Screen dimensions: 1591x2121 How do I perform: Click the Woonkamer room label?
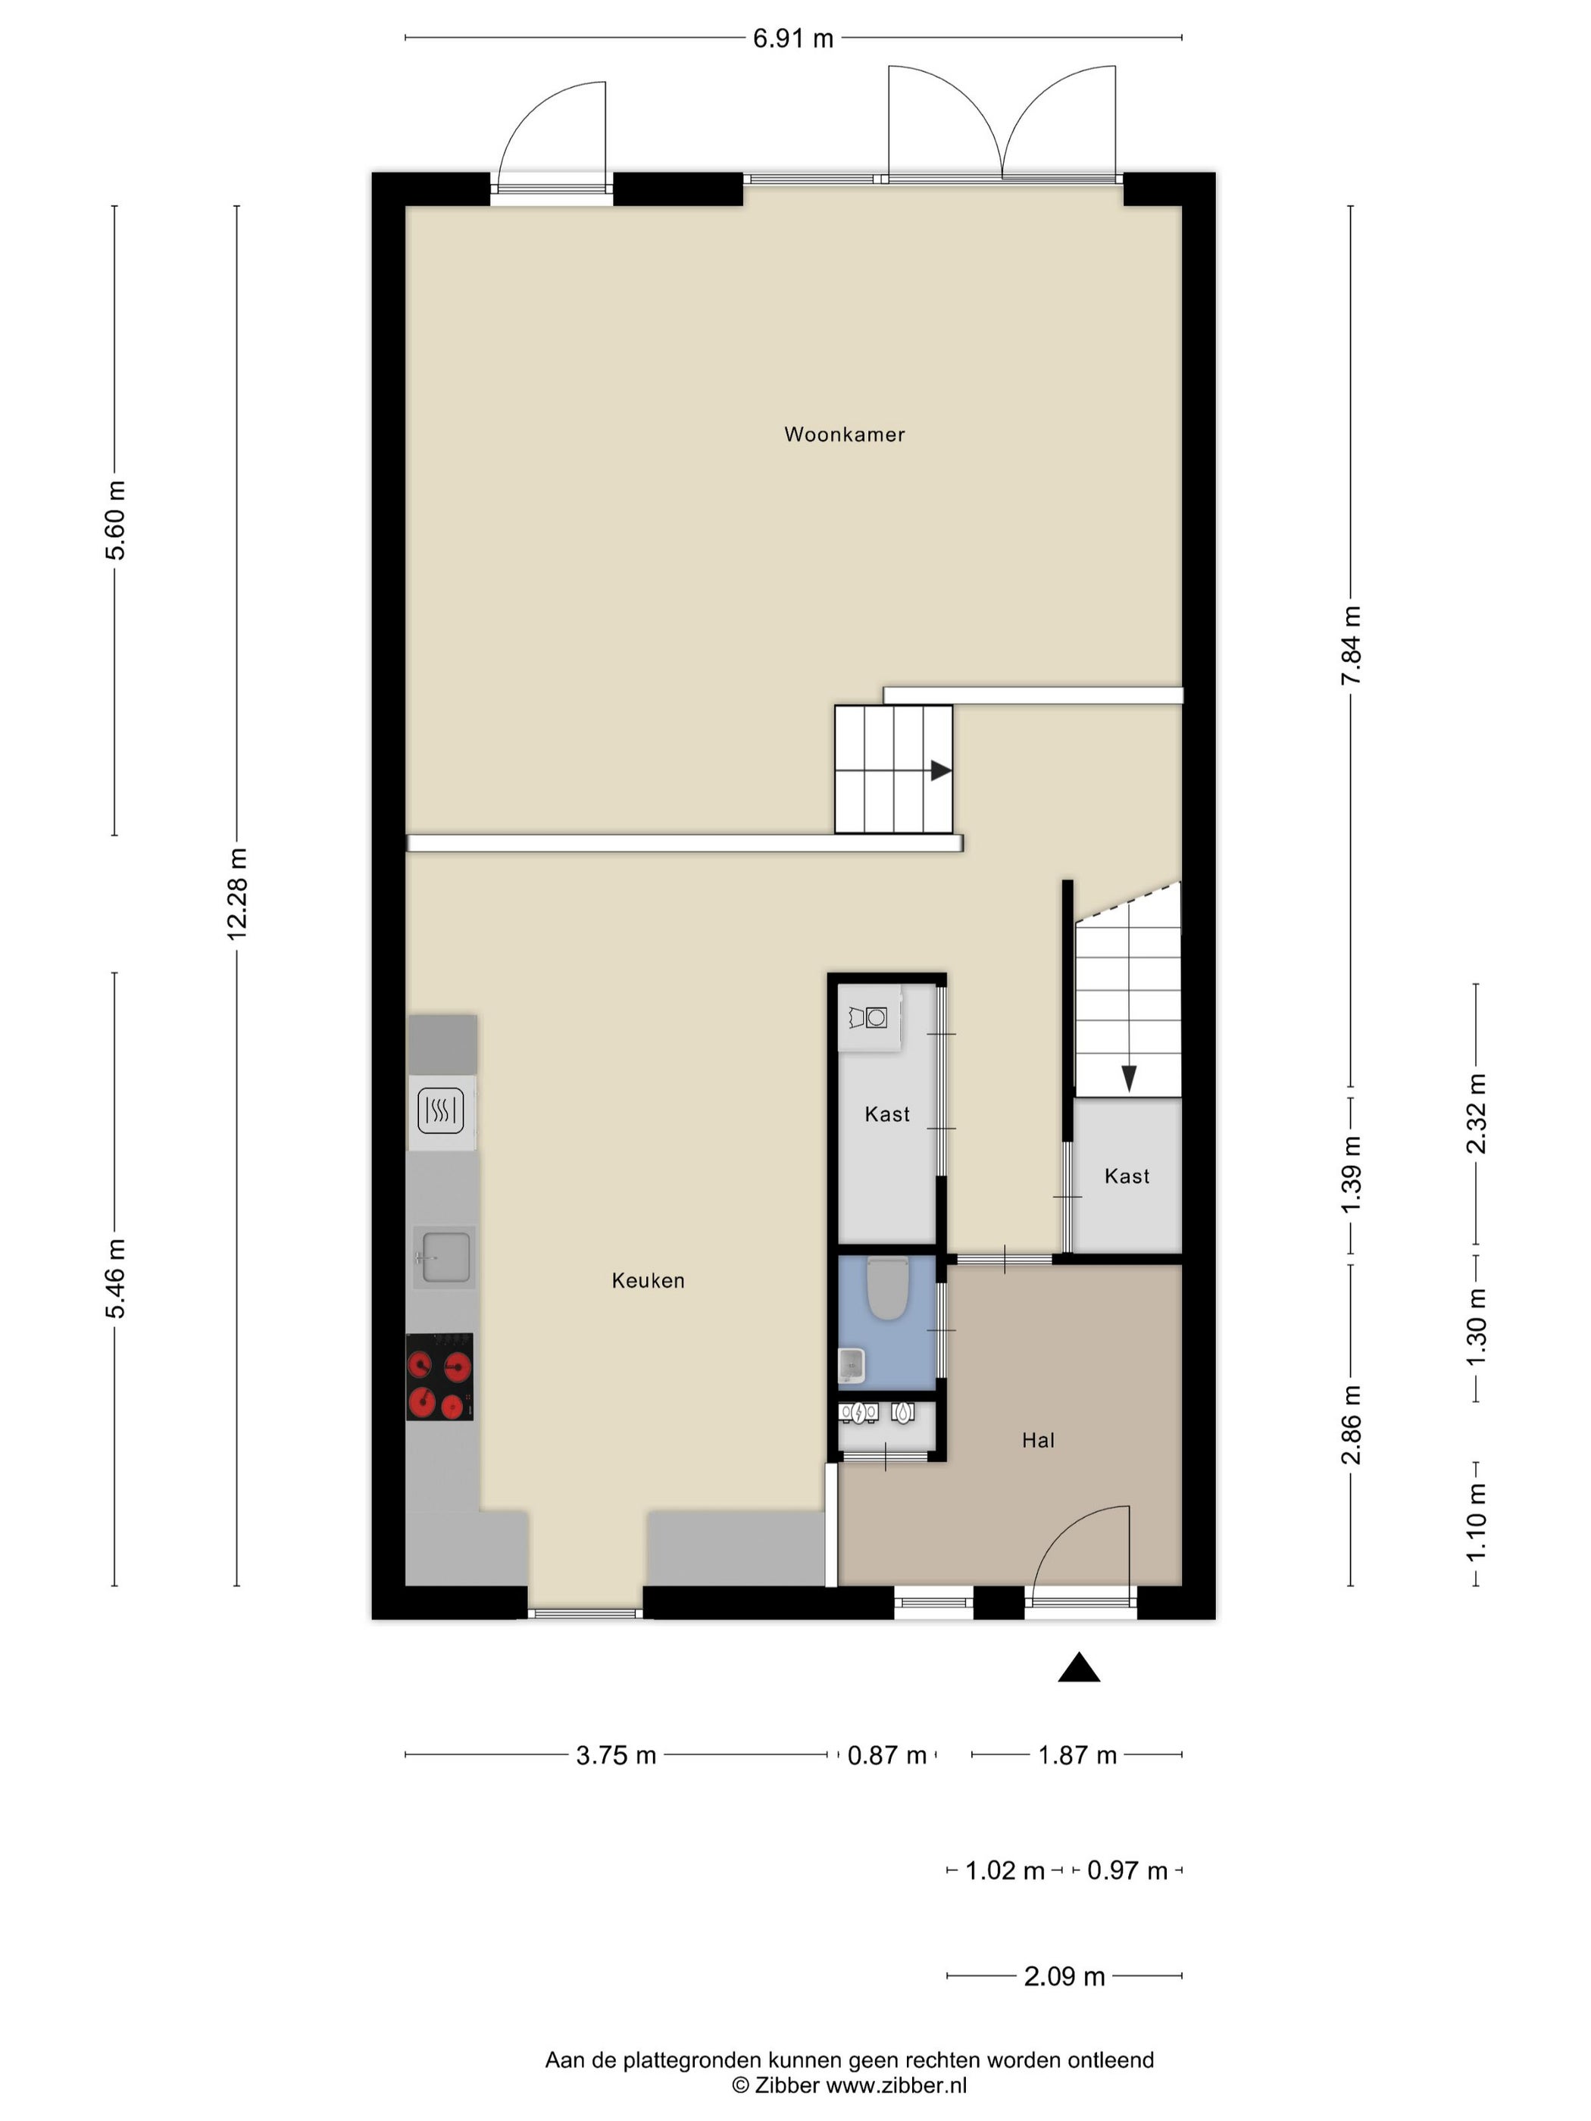[844, 434]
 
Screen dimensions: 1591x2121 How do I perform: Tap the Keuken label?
[649, 1280]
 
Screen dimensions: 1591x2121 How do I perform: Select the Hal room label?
[1038, 1440]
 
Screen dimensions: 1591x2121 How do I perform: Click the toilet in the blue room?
[886, 1288]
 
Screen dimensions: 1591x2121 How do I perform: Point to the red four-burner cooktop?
[439, 1377]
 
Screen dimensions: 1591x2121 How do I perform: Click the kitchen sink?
[445, 1256]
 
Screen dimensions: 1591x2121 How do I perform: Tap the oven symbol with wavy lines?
[441, 1111]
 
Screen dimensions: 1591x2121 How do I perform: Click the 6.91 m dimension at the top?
[793, 39]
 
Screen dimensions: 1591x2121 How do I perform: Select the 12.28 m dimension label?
[237, 895]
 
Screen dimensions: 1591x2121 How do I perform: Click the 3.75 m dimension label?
[616, 1754]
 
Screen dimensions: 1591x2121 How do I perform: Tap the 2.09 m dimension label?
[1064, 1976]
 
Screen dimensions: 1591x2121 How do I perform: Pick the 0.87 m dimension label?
[887, 1754]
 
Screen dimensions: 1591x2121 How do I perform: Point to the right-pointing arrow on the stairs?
[940, 770]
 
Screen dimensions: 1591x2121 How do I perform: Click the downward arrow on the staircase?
[1129, 1079]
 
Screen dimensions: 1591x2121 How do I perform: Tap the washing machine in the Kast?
[869, 1017]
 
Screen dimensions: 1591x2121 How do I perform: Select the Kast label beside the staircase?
[1127, 1176]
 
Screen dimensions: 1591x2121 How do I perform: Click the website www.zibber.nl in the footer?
[897, 2085]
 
